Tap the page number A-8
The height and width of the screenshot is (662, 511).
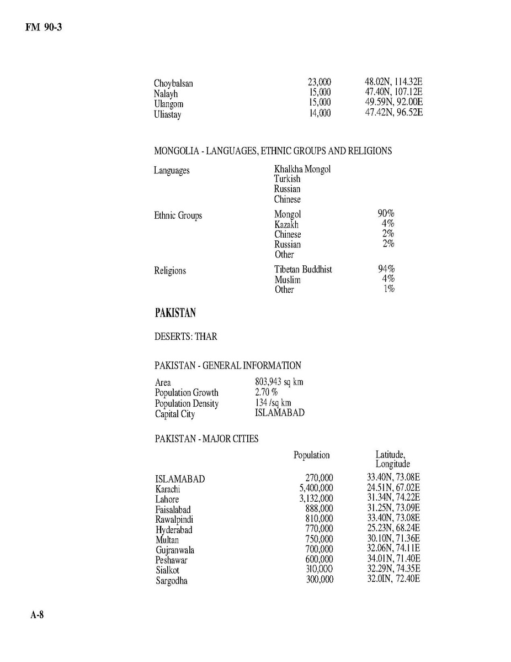coord(36,616)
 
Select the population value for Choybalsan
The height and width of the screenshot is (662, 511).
coord(319,83)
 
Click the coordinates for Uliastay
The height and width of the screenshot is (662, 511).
coord(390,113)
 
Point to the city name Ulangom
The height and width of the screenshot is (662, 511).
coord(168,104)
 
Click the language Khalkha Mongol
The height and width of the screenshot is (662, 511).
coord(302,169)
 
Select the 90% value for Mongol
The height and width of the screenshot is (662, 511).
coord(386,214)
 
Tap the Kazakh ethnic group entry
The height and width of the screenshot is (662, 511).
coord(286,224)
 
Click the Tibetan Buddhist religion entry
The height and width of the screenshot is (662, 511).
coord(303,270)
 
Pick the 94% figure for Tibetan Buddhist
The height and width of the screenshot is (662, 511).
coord(386,270)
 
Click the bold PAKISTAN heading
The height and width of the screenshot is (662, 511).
coord(175,313)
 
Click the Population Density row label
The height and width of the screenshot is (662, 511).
coord(187,403)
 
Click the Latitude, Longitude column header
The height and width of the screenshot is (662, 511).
coord(392,459)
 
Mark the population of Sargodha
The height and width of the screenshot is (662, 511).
coord(320,580)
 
